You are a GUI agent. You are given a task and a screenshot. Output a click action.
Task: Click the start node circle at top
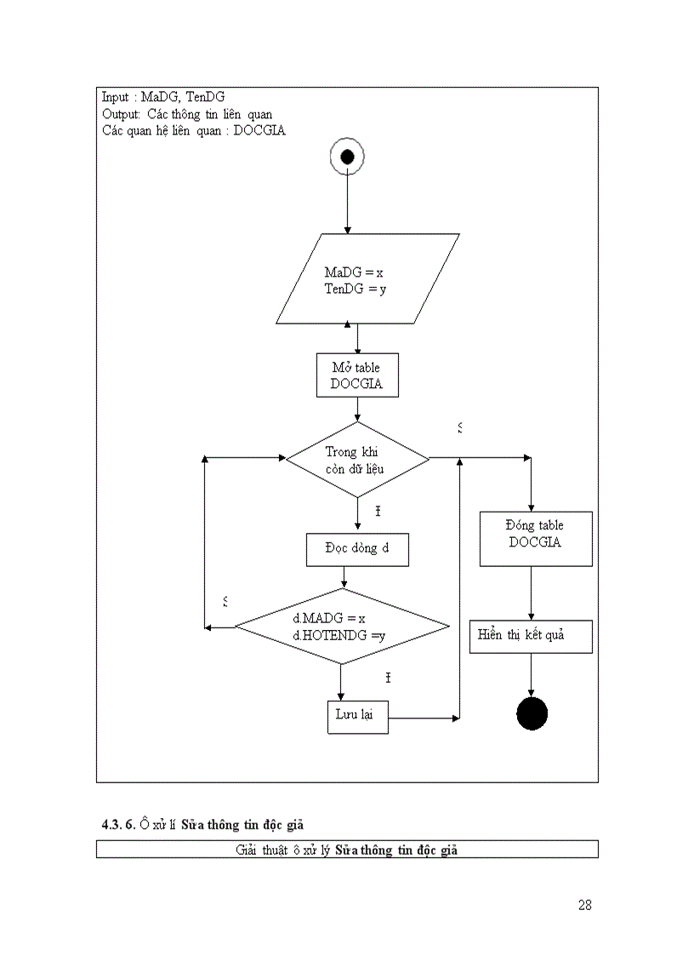coord(347,157)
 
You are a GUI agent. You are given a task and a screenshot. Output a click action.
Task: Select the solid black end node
coord(532,713)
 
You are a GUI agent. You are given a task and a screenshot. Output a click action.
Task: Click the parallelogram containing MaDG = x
coord(367,279)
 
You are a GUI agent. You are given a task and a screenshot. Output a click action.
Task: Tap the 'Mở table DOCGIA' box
coord(356,375)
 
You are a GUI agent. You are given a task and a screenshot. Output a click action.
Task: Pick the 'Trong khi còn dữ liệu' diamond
coord(358,459)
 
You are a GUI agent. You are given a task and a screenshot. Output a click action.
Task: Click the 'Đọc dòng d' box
coord(357,549)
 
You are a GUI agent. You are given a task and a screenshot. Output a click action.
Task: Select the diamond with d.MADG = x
coord(341,627)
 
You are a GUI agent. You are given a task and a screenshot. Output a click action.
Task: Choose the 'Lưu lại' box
coord(357,716)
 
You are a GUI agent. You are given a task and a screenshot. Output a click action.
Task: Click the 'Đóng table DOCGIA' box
coord(536,538)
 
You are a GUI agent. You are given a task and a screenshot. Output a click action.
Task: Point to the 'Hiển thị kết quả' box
coord(531,636)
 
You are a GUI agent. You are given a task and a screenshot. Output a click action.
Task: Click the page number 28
coord(584,905)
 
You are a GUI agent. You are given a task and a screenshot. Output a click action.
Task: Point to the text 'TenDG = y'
coord(356,289)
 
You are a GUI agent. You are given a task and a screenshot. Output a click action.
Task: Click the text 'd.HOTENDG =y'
coord(339,635)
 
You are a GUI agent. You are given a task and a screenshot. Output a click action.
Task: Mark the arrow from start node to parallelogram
coord(347,204)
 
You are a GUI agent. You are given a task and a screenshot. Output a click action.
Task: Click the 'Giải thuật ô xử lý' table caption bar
coord(347,850)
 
